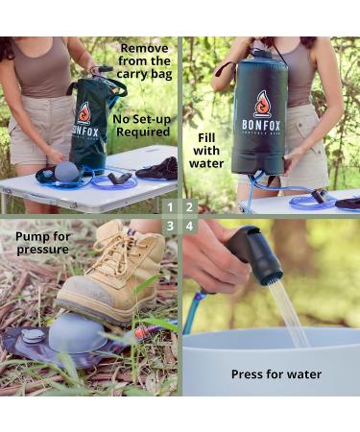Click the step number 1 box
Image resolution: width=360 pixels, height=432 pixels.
click(x=170, y=206)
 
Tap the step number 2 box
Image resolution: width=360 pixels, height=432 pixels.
click(x=189, y=206)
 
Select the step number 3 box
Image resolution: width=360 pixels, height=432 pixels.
click(x=170, y=226)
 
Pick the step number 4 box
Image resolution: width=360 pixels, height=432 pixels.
click(x=189, y=226)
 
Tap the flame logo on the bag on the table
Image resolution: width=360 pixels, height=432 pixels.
click(x=84, y=113)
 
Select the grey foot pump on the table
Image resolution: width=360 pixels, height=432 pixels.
click(x=67, y=171)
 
